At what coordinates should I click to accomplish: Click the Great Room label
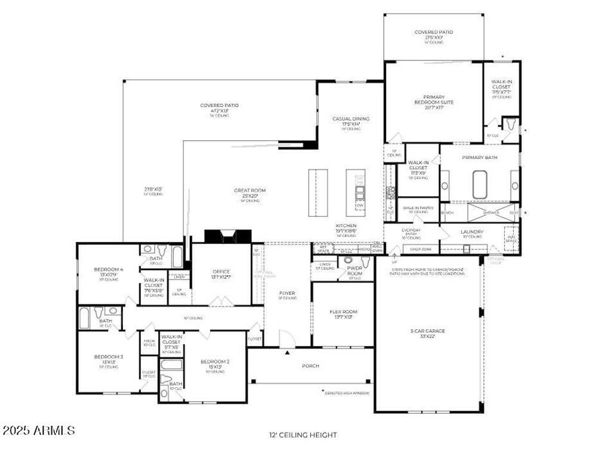(x=249, y=191)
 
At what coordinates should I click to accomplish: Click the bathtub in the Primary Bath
(x=480, y=185)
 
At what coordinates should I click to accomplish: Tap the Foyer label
(x=288, y=293)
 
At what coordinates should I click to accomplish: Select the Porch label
(x=310, y=366)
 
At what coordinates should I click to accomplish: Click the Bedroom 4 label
(x=109, y=270)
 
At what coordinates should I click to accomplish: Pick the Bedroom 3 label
(x=109, y=357)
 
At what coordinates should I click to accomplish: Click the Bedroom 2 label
(x=215, y=362)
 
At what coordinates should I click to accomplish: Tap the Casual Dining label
(x=351, y=119)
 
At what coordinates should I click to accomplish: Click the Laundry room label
(x=471, y=232)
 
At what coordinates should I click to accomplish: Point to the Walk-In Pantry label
(x=418, y=208)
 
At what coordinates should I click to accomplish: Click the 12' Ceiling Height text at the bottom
(x=303, y=435)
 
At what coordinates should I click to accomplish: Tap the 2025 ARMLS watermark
(x=39, y=430)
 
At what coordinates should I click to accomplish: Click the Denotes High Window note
(x=346, y=393)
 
